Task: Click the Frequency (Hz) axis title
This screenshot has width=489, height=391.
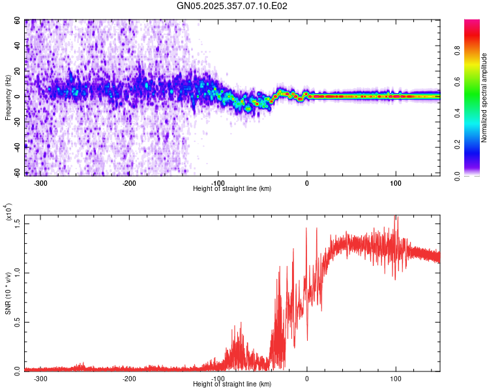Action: click(7, 97)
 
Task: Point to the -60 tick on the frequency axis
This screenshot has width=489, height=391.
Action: click(15, 172)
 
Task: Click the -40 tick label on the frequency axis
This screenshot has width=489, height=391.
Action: click(15, 147)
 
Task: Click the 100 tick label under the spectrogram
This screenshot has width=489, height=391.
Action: click(395, 183)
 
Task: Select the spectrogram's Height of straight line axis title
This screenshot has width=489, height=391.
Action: click(232, 189)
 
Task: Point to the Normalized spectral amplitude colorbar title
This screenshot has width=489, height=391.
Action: click(484, 98)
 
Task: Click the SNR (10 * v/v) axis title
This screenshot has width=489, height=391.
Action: click(8, 293)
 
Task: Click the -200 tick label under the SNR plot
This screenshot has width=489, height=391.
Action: click(128, 379)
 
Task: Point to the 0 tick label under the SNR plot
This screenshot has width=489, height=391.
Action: click(306, 379)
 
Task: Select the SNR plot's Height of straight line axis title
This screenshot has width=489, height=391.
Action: click(232, 384)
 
